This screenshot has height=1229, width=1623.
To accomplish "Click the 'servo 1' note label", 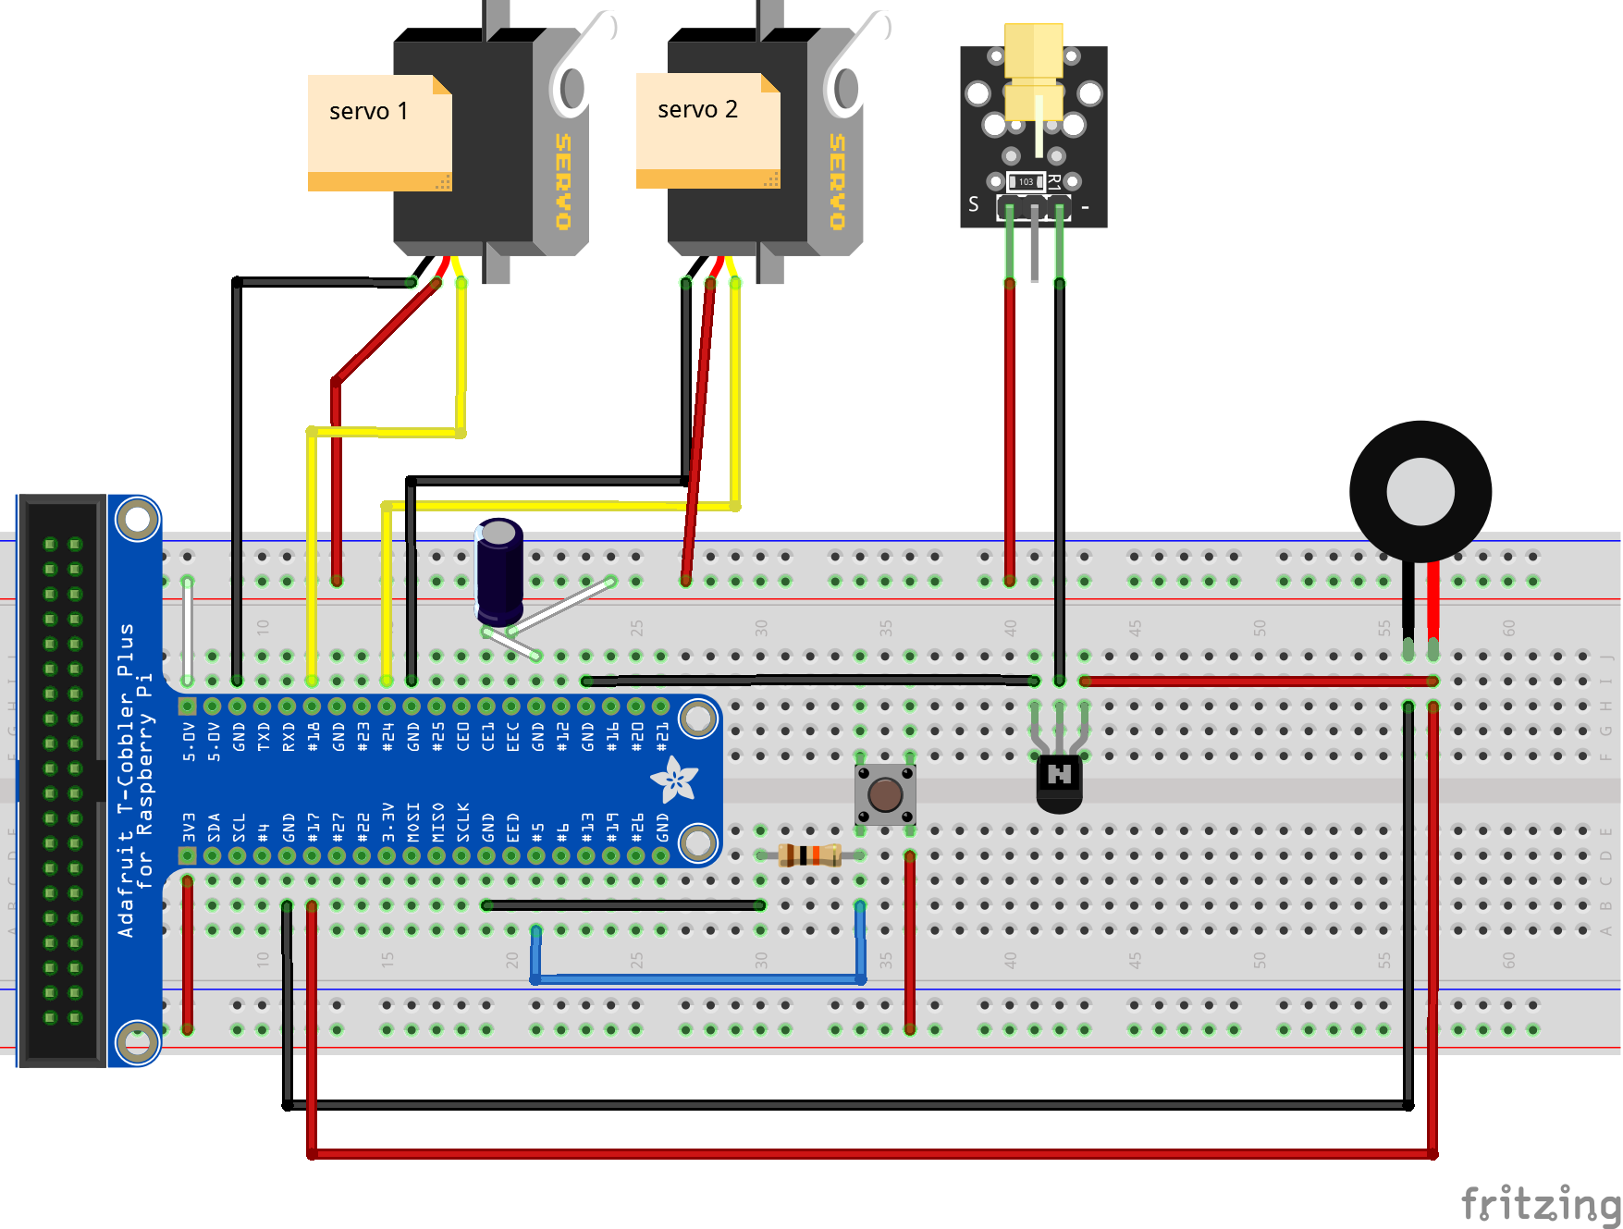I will coord(369,112).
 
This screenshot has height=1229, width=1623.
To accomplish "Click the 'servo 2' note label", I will coord(697,110).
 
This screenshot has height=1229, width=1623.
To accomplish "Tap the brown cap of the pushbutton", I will coord(885,794).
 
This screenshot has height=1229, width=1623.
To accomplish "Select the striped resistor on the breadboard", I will coord(809,854).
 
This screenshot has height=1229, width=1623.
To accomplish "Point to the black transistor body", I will coord(1059,781).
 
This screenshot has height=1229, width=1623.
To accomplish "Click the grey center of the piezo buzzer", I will coord(1420,491).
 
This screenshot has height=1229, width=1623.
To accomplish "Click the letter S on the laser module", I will coord(973,204).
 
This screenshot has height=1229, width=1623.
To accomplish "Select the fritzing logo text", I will coord(1540,1204).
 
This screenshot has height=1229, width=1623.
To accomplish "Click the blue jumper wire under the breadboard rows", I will coord(698,977).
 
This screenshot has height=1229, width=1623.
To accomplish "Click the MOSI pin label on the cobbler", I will coord(413,822).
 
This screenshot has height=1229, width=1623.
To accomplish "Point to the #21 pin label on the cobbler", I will coord(662,736).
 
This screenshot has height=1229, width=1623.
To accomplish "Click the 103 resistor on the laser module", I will coord(1026,181).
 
